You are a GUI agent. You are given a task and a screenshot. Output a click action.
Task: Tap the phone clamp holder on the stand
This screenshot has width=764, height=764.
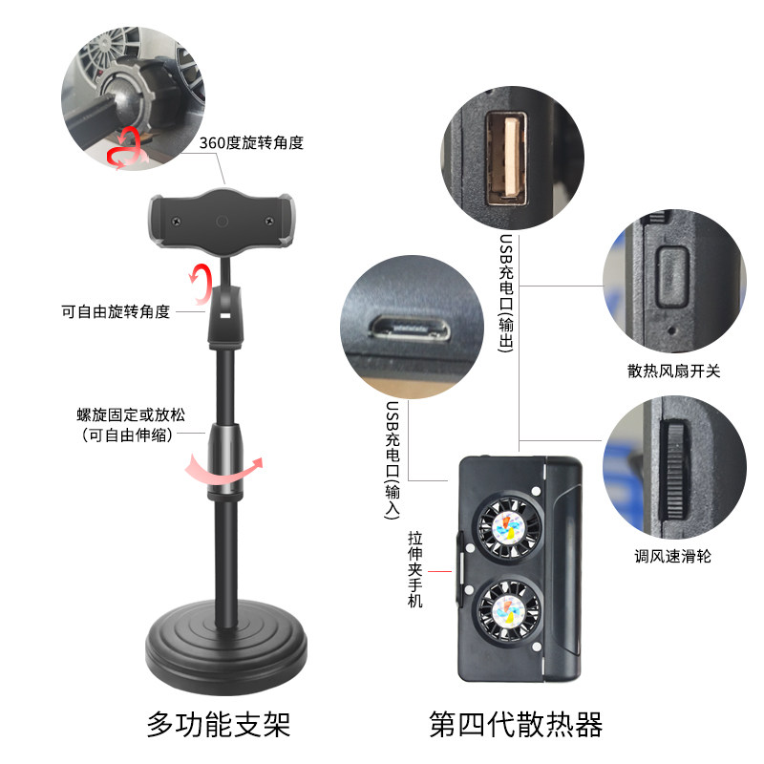point(222,222)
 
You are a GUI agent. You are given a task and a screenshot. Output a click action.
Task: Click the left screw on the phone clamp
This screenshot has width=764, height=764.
point(177,222)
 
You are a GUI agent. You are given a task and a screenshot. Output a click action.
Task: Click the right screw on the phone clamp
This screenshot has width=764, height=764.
point(268,222)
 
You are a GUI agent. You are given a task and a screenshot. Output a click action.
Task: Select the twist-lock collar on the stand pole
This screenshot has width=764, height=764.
point(224,459)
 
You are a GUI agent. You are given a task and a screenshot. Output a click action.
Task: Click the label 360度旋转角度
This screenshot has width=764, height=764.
point(251,142)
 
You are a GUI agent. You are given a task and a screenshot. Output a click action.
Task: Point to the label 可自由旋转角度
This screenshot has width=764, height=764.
point(116,311)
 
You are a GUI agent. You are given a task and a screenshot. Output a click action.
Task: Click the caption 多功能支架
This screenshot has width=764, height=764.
point(219,725)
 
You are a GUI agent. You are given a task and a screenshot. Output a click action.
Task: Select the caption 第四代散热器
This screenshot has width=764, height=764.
point(516,725)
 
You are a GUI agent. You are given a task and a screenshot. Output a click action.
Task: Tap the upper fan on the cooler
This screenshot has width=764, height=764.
point(510,528)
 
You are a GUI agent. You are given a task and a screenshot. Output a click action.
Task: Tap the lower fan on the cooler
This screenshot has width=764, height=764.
point(509,611)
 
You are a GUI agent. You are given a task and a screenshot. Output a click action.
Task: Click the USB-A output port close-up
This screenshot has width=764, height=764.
point(507,159)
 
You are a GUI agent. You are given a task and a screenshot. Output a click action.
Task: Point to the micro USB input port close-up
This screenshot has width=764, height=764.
point(410,327)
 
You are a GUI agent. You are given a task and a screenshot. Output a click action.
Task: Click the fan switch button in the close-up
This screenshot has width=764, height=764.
point(672,276)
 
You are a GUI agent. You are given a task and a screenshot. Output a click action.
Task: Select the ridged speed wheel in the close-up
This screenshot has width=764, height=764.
point(675,470)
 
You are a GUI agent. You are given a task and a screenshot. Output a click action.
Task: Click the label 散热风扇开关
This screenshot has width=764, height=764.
point(674,371)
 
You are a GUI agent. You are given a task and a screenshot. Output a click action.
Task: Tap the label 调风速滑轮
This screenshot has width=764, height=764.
point(673,556)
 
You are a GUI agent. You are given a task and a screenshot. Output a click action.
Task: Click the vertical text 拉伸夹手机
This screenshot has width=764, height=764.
point(415,569)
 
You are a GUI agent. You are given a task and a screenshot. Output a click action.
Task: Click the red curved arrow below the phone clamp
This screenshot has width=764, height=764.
point(201,284)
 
